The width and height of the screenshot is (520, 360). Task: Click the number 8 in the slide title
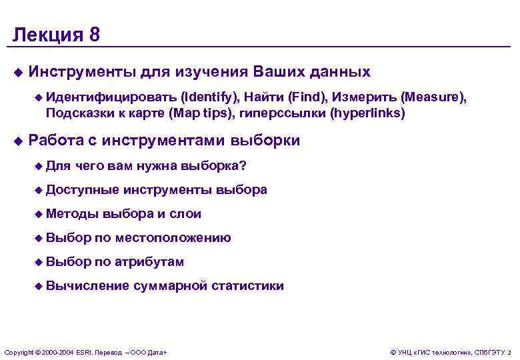click(94, 35)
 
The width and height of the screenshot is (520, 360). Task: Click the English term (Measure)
click(433, 97)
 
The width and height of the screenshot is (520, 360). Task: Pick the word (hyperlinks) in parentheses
click(367, 113)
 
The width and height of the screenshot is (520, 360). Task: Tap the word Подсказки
click(76, 113)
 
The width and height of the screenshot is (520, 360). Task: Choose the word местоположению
click(173, 238)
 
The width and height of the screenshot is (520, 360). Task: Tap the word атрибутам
click(149, 262)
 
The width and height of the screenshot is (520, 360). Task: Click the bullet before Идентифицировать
click(39, 97)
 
